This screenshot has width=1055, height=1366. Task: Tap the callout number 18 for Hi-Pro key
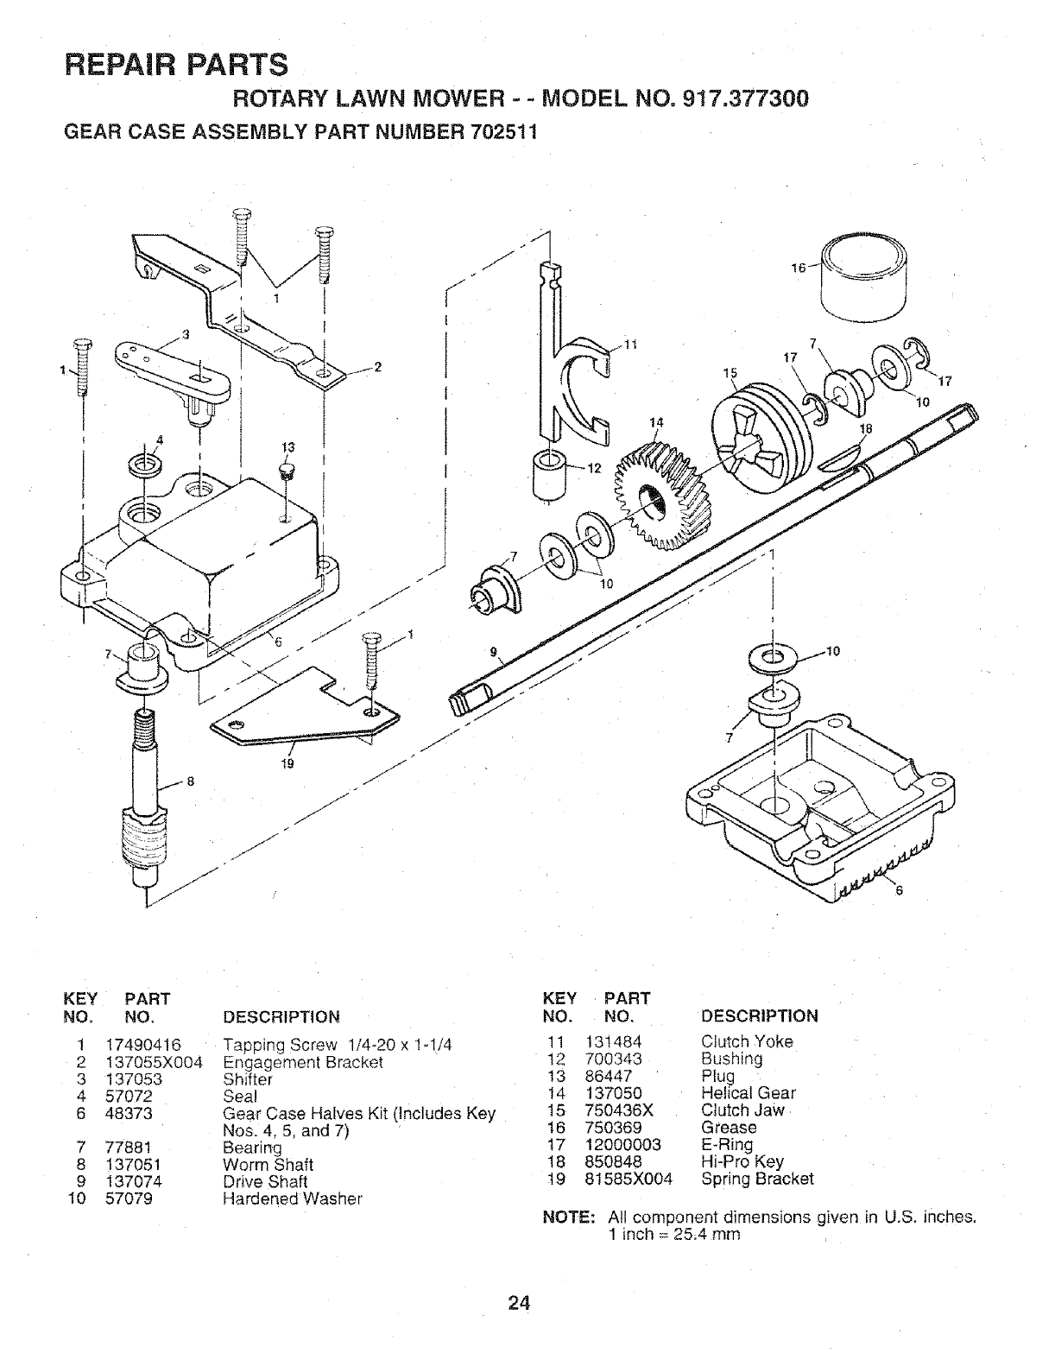[x=867, y=428]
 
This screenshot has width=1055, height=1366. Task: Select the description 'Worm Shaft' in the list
[x=268, y=1165]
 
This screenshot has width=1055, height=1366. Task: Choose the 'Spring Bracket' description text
[x=757, y=1179]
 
